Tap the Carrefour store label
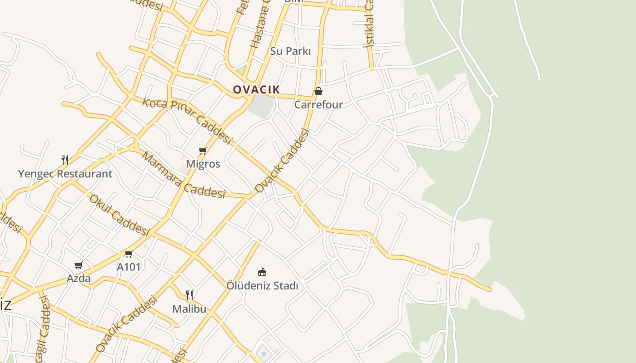point(318,105)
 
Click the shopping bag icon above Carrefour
point(318,92)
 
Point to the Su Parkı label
point(291,51)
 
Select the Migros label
point(203,164)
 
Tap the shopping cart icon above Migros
point(203,151)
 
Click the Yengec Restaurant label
point(65,174)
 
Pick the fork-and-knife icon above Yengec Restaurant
point(65,160)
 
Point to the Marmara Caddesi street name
point(184,176)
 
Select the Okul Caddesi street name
point(119,215)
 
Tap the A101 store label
point(129,267)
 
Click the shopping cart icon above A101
point(129,254)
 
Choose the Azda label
point(79,278)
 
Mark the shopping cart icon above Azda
point(79,265)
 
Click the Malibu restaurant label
point(189,309)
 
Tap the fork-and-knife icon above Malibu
point(189,295)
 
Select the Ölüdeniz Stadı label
point(263,286)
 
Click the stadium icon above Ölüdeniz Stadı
point(262,272)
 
